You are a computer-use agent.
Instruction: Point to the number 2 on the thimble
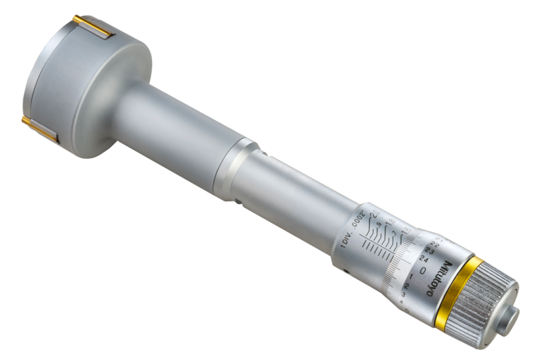click(x=409, y=283)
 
